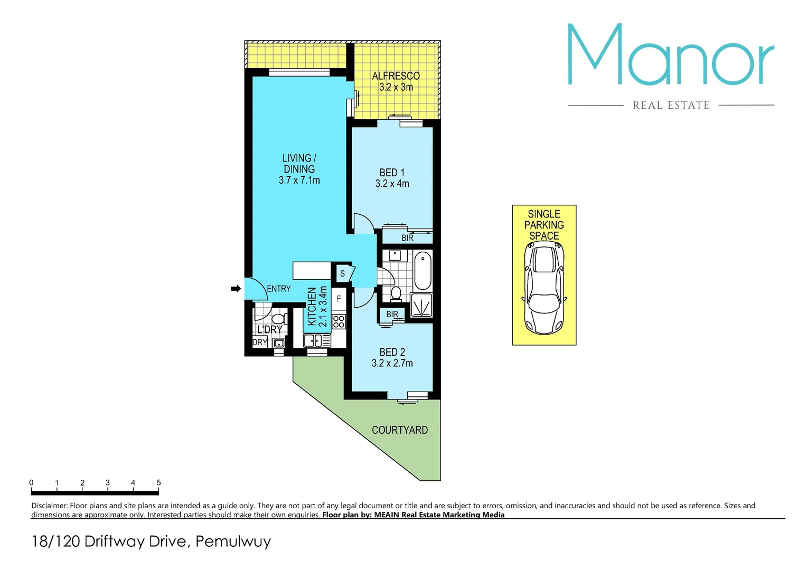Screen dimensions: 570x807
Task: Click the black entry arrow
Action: pos(236,289)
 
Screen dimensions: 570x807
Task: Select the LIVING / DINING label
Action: pos(299,169)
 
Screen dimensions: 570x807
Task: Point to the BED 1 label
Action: pos(392,178)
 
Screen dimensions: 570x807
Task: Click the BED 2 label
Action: pos(392,357)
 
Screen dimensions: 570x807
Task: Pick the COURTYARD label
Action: pos(400,430)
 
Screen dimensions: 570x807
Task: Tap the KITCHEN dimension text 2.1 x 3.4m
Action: pos(323,307)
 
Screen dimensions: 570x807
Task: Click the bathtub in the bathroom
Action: pos(423,272)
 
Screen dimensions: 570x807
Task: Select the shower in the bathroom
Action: pos(421,305)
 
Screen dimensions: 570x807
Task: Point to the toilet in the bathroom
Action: pos(396,293)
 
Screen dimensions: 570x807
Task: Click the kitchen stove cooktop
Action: pos(339,321)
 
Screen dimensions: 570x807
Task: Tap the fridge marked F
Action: pos(339,299)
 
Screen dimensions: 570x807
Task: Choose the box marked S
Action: pos(342,273)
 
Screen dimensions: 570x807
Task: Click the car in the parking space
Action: pos(544,289)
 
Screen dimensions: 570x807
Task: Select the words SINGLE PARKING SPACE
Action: pos(544,225)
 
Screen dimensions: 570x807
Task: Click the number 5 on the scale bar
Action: pos(158,482)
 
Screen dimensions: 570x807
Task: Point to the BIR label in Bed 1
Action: pos(407,238)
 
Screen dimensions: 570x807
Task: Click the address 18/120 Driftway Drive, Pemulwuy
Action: pos(152,541)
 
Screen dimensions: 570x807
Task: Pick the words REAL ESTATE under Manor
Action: pos(671,106)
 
